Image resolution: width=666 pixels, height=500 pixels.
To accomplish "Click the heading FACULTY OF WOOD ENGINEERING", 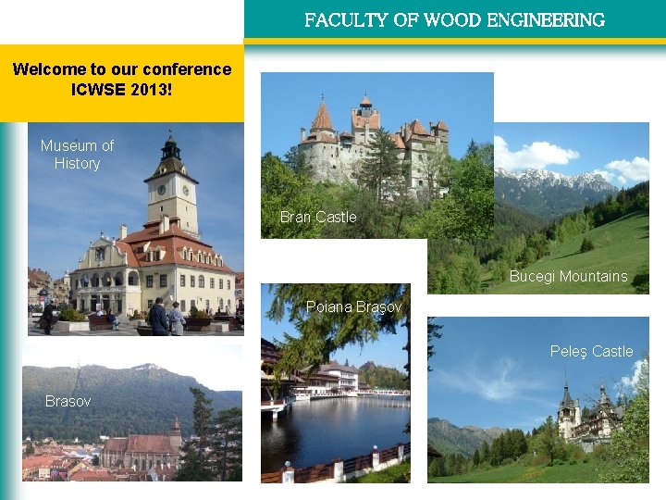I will point(454,19).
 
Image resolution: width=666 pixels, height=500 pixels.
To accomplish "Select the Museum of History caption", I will point(77,155).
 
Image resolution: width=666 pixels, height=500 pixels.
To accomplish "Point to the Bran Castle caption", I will point(318,217).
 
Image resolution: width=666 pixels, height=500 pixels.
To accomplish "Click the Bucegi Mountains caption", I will point(568,276).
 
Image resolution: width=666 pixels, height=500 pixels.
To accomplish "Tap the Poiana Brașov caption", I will point(354,306).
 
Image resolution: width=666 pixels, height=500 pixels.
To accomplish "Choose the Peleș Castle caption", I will point(591,351).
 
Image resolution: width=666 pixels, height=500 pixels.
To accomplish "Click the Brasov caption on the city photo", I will point(68,401).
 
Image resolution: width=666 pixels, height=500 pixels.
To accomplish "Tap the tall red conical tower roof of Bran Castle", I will point(322,117).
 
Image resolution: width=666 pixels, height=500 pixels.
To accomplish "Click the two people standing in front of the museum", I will point(166,318).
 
